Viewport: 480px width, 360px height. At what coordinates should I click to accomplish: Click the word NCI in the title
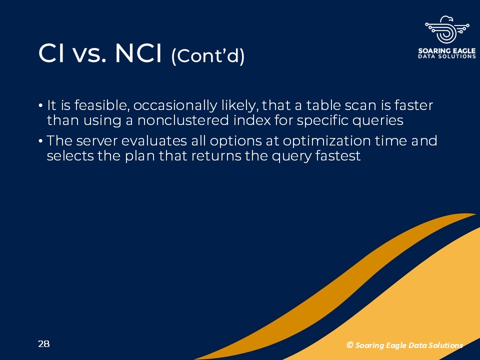click(138, 53)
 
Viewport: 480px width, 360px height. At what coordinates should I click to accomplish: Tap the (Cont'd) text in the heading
click(208, 56)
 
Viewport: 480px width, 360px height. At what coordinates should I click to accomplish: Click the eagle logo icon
click(447, 29)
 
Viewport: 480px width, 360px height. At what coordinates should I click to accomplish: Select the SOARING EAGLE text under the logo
click(447, 50)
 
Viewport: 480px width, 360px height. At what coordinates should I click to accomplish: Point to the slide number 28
click(44, 344)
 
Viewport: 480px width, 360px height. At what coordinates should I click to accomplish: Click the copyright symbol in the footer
click(349, 345)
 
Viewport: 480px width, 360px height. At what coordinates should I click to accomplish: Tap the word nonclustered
click(183, 120)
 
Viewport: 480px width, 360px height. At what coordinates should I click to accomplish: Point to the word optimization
click(326, 141)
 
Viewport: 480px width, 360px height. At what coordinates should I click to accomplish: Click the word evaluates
click(154, 141)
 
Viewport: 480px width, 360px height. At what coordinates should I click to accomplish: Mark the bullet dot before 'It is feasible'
click(40, 105)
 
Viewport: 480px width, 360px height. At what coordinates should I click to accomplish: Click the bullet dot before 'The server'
click(40, 141)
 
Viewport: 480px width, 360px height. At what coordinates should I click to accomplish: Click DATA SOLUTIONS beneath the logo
click(447, 56)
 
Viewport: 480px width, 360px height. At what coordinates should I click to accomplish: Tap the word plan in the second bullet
click(139, 156)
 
